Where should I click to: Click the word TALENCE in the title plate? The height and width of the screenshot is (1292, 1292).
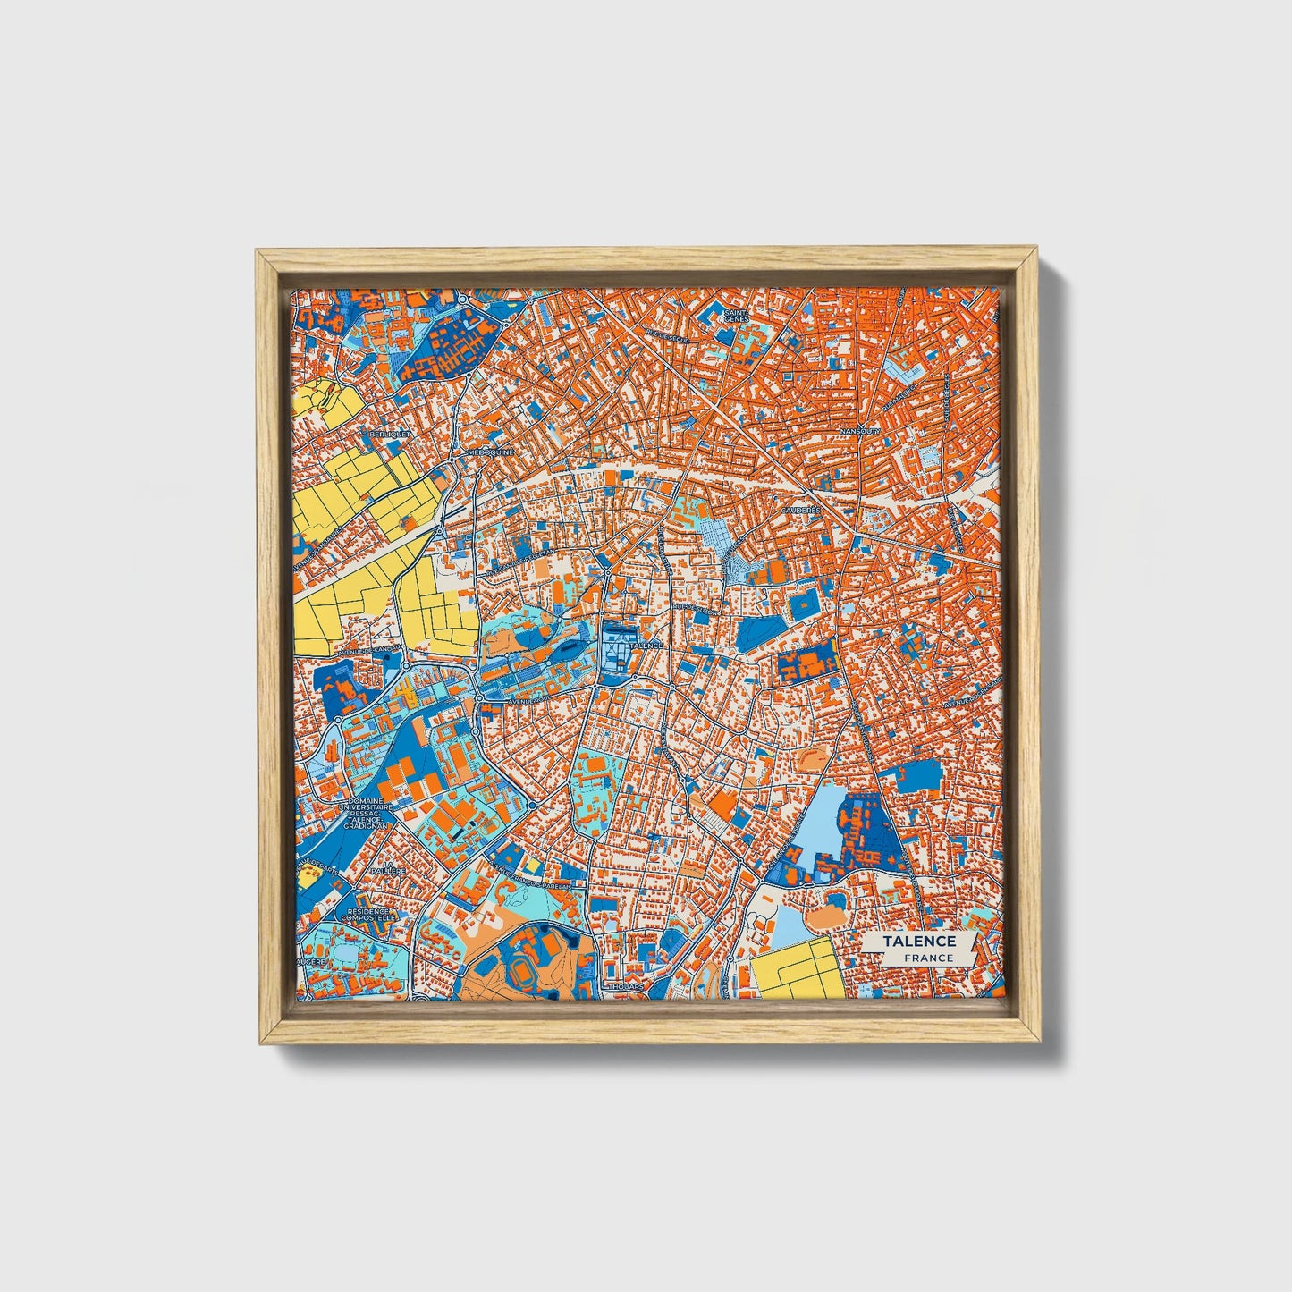(x=919, y=942)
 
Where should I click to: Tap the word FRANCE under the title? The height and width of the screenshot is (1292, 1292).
(x=926, y=958)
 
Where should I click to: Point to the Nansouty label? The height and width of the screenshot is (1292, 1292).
(x=861, y=431)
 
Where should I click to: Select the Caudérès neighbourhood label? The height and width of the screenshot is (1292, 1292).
(x=800, y=510)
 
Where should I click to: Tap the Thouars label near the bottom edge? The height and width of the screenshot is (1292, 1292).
(x=625, y=987)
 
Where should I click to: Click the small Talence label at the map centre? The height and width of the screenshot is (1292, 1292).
(x=646, y=645)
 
